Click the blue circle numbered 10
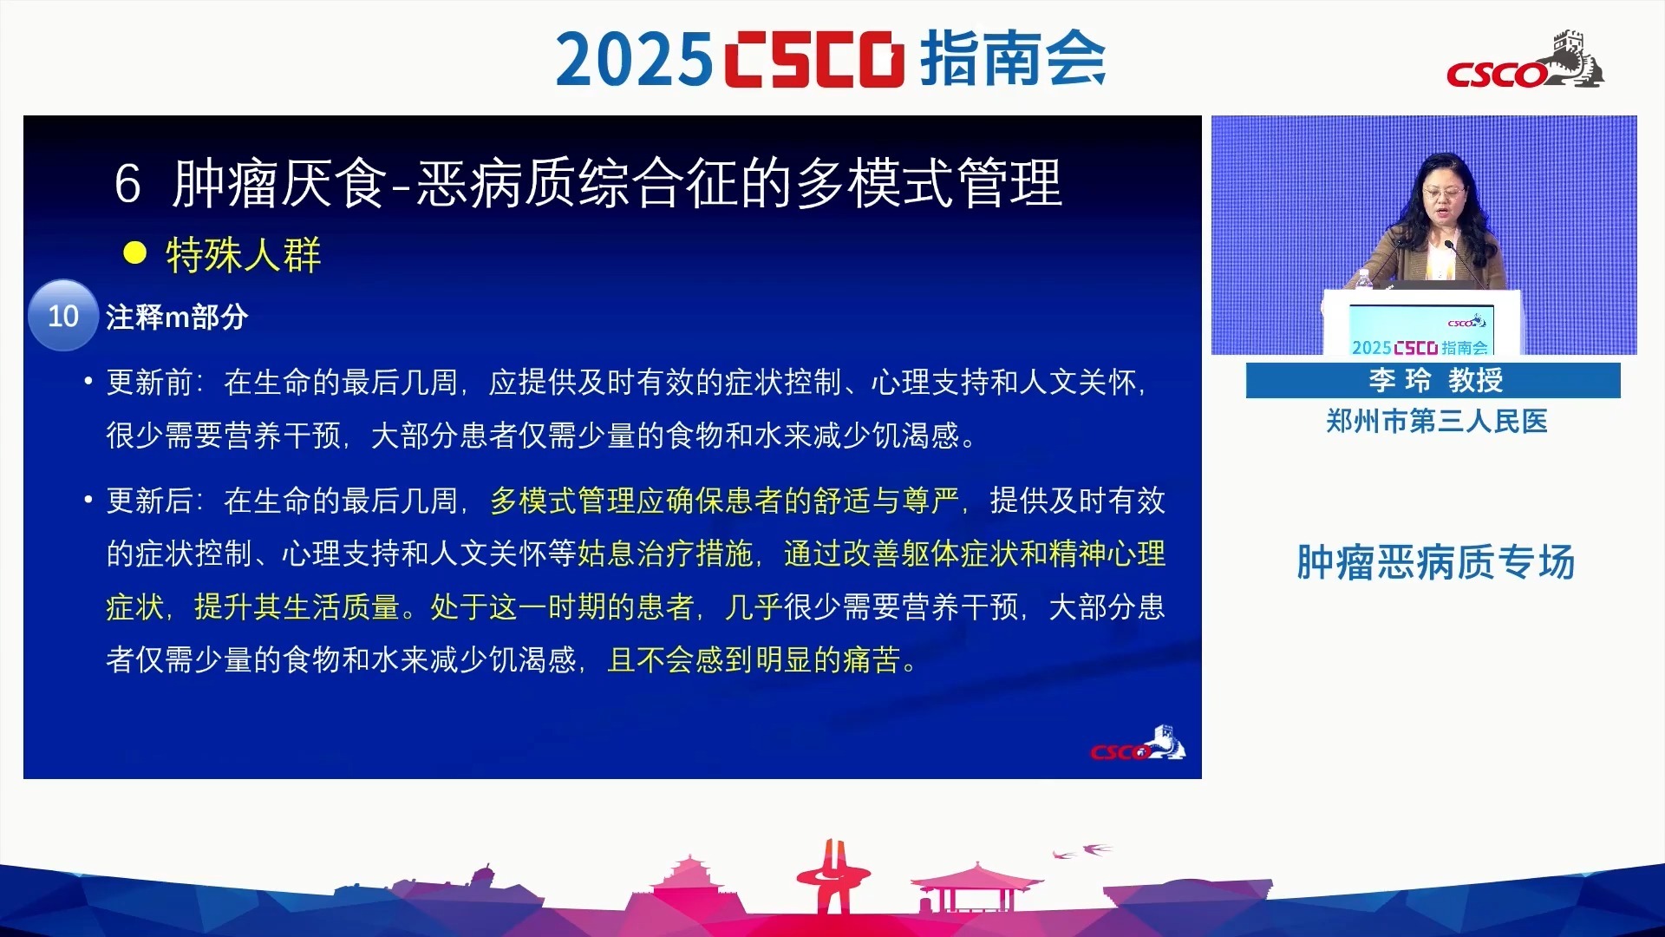(63, 315)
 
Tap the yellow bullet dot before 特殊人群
(134, 253)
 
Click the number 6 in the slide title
(127, 184)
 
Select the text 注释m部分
(177, 317)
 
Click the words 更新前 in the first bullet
(149, 382)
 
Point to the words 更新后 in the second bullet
(149, 501)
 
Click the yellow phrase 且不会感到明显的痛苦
(754, 660)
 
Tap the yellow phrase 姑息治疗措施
(665, 554)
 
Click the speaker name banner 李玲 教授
(1433, 380)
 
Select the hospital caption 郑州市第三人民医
(1437, 422)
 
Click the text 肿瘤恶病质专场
(1436, 562)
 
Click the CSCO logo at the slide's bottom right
(1138, 744)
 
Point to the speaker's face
(1444, 196)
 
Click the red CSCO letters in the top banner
(813, 60)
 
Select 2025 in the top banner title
(634, 60)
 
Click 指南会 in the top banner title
(1012, 58)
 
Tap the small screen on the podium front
(1421, 331)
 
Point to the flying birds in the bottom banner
(1081, 850)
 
